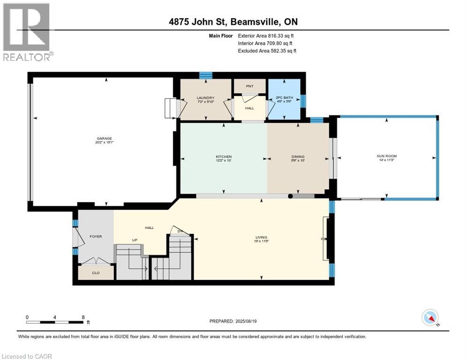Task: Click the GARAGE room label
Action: click(x=104, y=138)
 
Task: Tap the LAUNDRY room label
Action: click(x=205, y=98)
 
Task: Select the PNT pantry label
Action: click(x=249, y=87)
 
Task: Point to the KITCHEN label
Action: click(x=224, y=157)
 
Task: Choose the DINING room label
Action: click(x=298, y=157)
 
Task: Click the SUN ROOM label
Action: click(x=387, y=156)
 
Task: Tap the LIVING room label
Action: click(x=261, y=237)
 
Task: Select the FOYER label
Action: click(x=96, y=236)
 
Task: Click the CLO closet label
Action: click(x=96, y=272)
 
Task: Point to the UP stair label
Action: click(x=134, y=240)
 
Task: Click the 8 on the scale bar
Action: click(x=83, y=317)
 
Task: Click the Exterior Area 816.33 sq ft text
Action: click(x=266, y=36)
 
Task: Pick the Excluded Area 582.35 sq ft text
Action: click(x=267, y=51)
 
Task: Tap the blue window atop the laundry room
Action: click(x=205, y=75)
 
